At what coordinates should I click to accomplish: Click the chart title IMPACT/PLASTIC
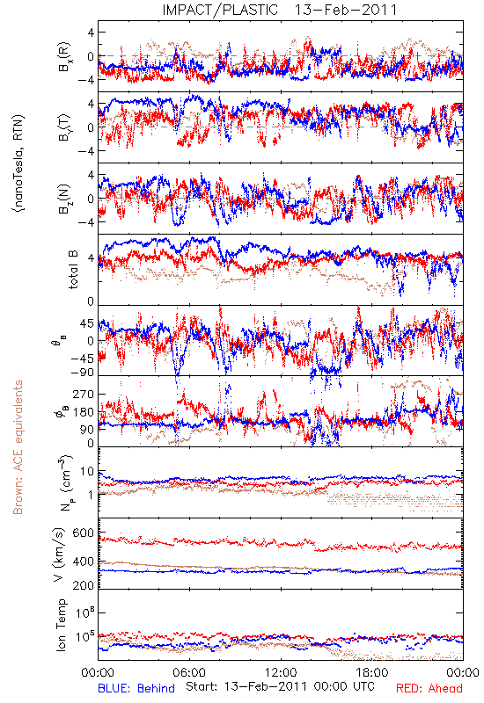tap(220, 10)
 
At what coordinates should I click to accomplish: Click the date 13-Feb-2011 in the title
tap(346, 10)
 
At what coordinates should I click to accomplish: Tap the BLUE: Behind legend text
tap(136, 688)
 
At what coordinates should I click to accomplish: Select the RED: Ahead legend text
tap(429, 688)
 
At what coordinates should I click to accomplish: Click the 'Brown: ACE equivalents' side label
tap(18, 447)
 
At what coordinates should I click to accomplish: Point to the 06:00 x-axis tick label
tap(189, 672)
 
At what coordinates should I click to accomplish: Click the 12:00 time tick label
tap(281, 672)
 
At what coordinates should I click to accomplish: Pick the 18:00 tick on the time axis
tap(372, 672)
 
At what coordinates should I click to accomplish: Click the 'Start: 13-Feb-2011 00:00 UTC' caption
tap(280, 686)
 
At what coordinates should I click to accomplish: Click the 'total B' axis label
tap(73, 269)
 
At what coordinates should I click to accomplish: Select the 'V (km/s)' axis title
tap(59, 554)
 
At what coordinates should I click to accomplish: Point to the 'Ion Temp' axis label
tap(61, 625)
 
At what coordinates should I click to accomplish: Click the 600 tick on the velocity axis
tap(83, 533)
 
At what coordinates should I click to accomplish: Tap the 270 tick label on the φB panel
tap(83, 394)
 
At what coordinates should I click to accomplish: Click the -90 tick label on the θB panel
tap(82, 372)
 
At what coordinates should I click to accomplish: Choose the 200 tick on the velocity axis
tap(83, 585)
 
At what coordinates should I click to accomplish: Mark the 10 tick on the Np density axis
tap(87, 471)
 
